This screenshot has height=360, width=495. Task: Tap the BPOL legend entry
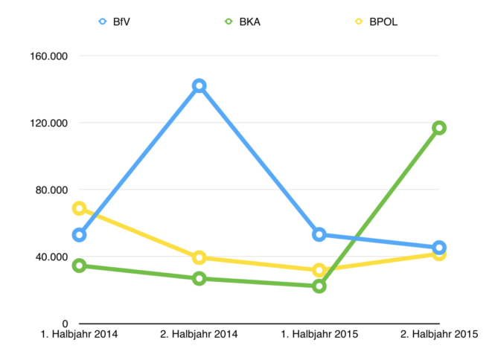[377, 22]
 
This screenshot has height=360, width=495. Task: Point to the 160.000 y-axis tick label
[48, 56]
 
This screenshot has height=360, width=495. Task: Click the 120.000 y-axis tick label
[48, 123]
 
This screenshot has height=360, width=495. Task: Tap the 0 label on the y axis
[65, 324]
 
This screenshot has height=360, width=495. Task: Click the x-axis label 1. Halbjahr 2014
[79, 335]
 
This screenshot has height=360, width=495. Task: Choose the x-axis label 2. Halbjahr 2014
[199, 335]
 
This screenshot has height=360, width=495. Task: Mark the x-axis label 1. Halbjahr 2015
[319, 335]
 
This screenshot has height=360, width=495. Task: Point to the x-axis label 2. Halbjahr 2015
[439, 335]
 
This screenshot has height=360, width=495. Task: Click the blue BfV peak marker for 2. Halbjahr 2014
[199, 86]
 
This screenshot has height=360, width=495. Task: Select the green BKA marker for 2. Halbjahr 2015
[439, 128]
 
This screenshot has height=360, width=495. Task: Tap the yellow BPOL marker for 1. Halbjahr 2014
[79, 208]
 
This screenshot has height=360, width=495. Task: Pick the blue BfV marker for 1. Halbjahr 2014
[79, 235]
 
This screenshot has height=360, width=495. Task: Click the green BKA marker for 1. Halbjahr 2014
[79, 266]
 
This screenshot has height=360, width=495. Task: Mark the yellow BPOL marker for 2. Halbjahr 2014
[199, 257]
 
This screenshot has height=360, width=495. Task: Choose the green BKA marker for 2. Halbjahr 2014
[199, 278]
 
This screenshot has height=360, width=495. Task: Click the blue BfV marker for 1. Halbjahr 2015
[319, 234]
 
